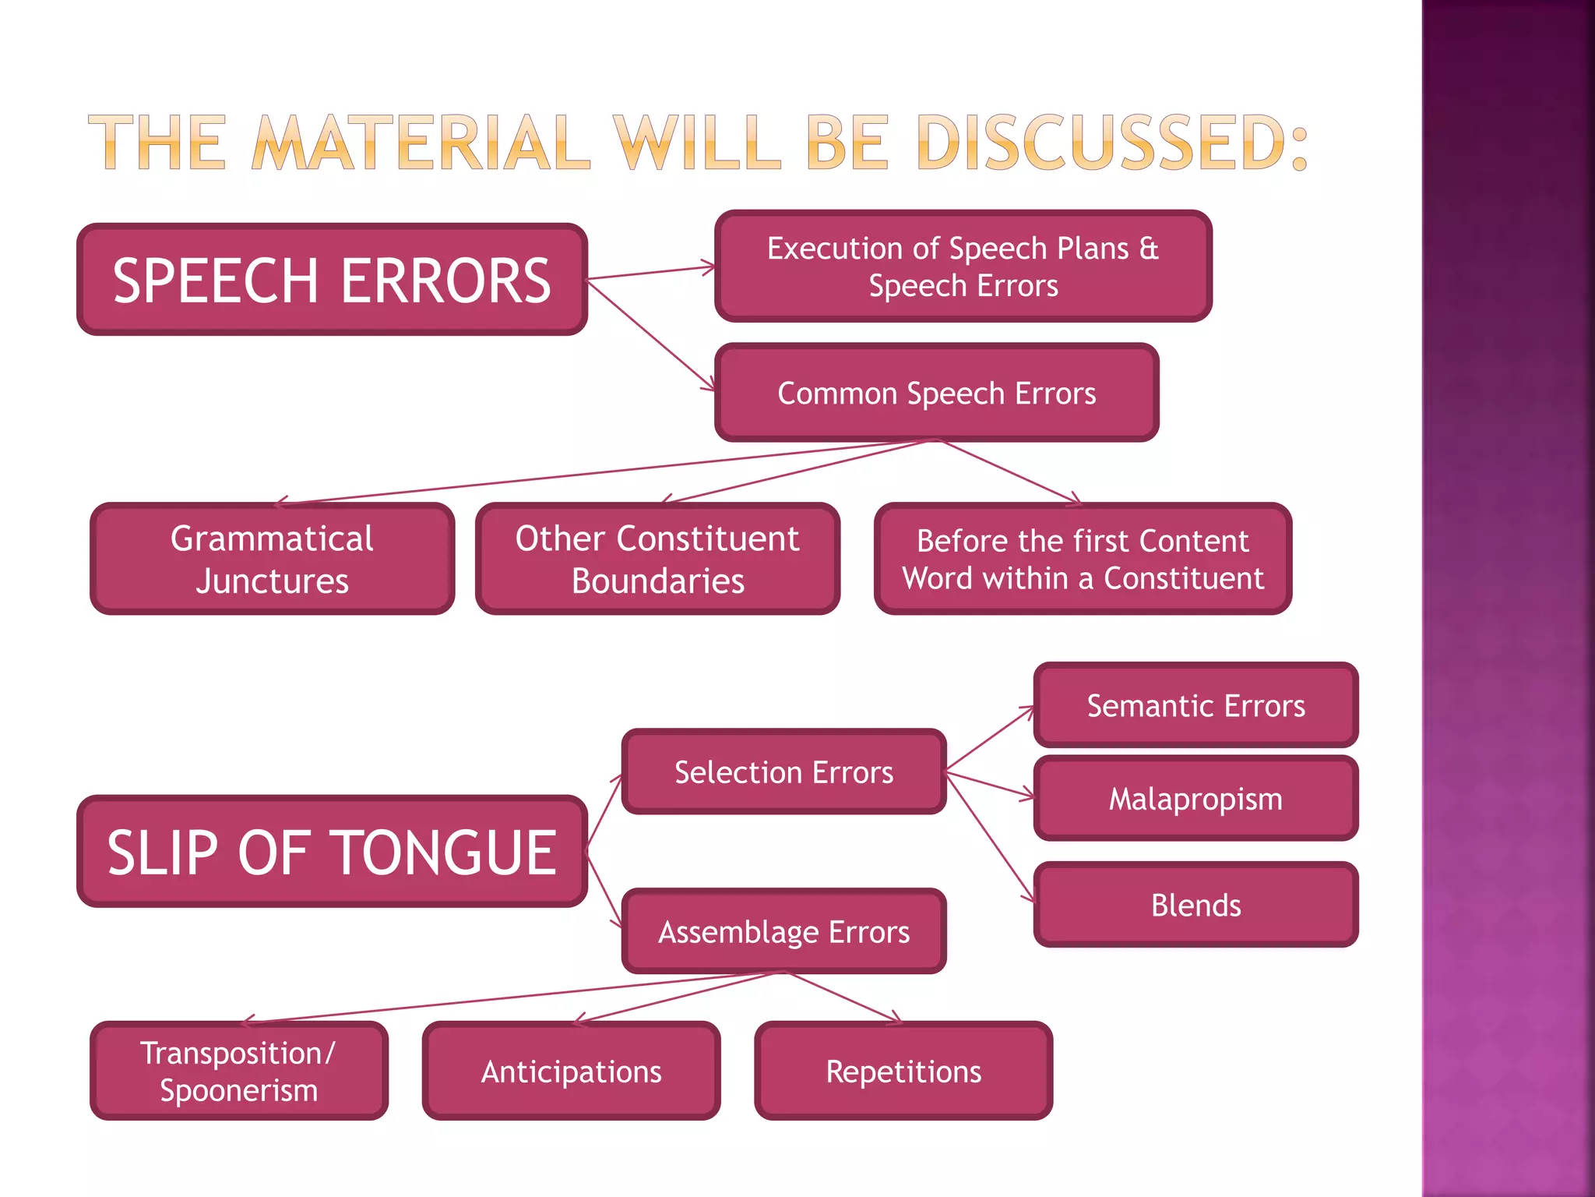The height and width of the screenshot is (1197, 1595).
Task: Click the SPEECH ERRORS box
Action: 332,280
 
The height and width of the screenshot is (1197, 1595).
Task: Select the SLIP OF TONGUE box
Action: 332,851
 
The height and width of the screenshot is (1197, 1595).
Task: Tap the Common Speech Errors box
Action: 936,393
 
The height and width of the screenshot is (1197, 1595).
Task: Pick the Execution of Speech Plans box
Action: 963,267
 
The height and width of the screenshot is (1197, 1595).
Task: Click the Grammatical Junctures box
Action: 272,559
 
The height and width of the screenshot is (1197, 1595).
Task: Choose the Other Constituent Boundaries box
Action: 657,559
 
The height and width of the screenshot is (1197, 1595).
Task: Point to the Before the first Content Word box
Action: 1083,559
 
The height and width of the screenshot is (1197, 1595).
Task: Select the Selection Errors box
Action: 783,772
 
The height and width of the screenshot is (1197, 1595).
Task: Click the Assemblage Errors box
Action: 783,931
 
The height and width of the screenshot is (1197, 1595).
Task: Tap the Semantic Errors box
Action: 1195,705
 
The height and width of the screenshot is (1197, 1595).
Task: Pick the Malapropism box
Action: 1195,799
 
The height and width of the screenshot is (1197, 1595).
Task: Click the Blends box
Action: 1195,905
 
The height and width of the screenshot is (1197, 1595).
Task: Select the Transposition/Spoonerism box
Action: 238,1071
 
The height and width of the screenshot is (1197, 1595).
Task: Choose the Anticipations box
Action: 571,1071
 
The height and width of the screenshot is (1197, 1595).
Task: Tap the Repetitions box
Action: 903,1071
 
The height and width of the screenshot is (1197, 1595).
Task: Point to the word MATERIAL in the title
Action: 421,143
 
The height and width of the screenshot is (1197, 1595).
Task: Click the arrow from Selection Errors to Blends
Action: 991,838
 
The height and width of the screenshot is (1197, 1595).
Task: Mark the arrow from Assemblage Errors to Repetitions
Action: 844,997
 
